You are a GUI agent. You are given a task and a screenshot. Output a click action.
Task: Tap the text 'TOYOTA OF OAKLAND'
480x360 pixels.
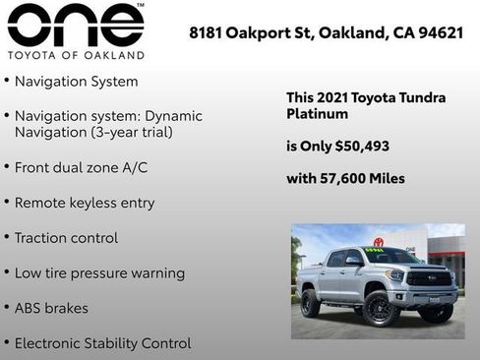point(76,55)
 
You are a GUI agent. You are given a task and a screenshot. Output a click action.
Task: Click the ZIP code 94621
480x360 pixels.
point(439,32)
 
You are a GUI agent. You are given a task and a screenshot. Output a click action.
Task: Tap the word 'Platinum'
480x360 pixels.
point(317,114)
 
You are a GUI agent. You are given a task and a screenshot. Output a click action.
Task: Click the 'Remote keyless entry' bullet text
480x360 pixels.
point(85,203)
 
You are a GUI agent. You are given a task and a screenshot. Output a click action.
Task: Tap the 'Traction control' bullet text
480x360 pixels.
point(66,238)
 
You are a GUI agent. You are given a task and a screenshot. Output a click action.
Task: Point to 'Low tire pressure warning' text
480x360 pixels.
point(99,272)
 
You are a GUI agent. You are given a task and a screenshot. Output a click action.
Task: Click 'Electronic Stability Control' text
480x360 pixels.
point(102,343)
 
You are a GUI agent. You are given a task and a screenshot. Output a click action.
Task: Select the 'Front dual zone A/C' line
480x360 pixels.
point(81,167)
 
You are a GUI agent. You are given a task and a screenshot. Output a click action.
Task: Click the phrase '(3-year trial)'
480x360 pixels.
point(130,132)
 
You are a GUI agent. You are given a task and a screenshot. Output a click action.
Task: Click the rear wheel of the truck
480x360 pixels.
point(311,301)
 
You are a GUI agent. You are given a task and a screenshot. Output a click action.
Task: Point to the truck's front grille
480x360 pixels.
point(430,278)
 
